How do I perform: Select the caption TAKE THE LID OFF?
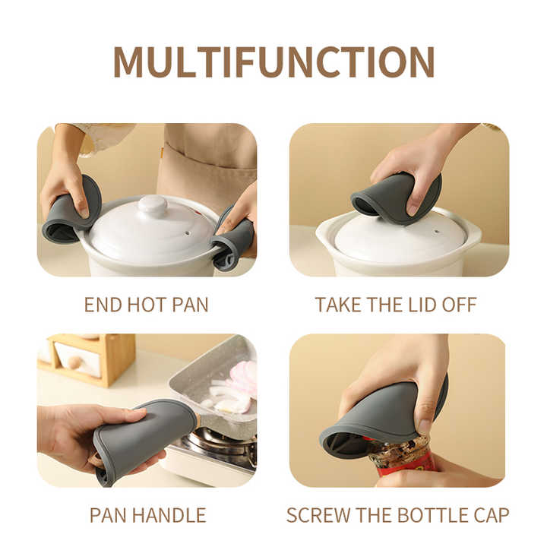[396, 305]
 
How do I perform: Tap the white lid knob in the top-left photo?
[153, 204]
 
